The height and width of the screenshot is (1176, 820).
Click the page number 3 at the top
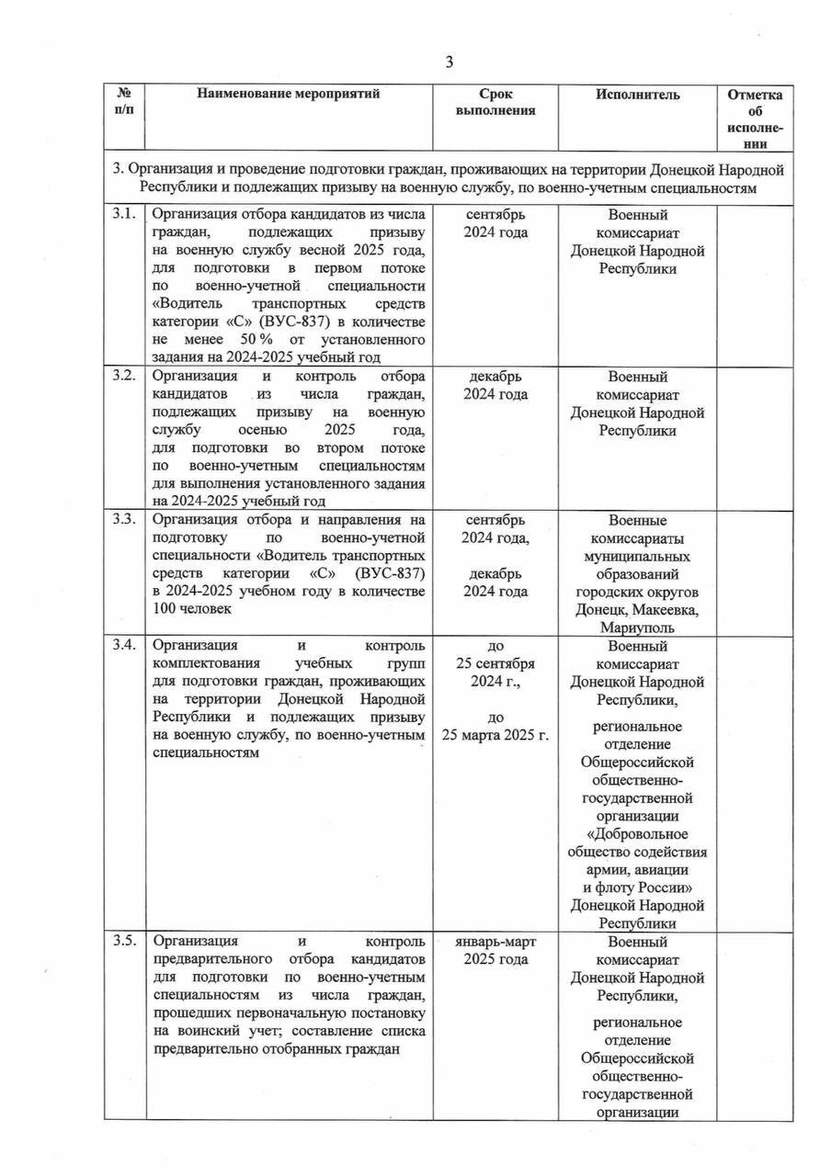pyautogui.click(x=450, y=62)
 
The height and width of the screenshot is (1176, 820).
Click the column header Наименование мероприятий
pyautogui.click(x=287, y=94)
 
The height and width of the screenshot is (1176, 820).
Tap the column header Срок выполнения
pyautogui.click(x=495, y=102)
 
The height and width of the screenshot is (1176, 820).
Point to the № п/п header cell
pyautogui.click(x=124, y=102)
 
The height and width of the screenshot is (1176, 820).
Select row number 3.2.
pyautogui.click(x=124, y=377)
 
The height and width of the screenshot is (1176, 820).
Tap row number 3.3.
pyautogui.click(x=124, y=519)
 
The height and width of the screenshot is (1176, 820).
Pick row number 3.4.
pyautogui.click(x=124, y=644)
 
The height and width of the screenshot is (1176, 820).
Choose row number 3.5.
pyautogui.click(x=124, y=941)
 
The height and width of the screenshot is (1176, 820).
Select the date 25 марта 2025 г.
pyautogui.click(x=495, y=735)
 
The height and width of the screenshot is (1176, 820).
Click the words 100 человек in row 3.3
pyautogui.click(x=193, y=608)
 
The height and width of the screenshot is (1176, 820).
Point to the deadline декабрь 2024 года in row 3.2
pyautogui.click(x=495, y=386)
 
